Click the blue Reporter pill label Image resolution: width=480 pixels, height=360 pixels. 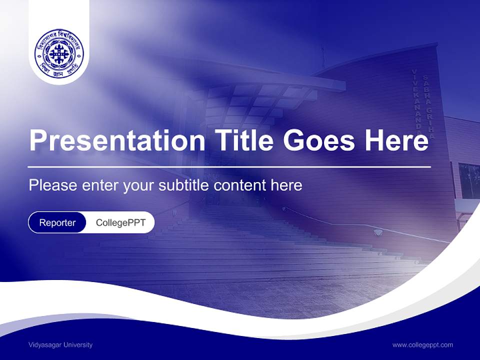(x=57, y=222)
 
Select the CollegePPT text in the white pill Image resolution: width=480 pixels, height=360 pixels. (x=120, y=222)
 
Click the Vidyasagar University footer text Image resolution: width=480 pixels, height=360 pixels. (x=60, y=344)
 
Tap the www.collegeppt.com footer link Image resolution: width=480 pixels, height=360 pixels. (x=422, y=344)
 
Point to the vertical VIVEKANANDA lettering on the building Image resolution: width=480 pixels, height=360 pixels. (x=416, y=100)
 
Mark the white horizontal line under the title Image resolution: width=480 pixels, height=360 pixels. (x=229, y=166)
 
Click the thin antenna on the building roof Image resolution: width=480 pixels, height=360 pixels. (x=322, y=57)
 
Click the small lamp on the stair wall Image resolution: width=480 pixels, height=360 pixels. (x=378, y=232)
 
